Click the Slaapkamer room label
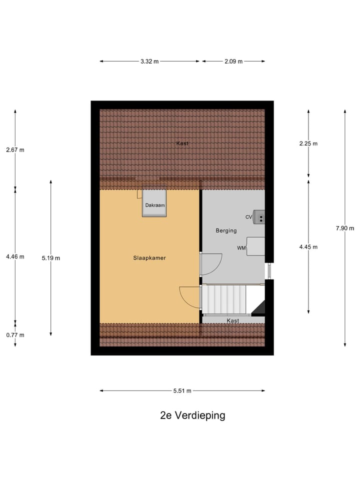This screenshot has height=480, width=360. (149, 258)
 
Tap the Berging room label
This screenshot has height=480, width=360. (226, 230)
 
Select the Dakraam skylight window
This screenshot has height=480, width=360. (154, 202)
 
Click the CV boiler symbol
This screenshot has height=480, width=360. (259, 216)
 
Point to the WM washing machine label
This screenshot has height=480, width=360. (241, 247)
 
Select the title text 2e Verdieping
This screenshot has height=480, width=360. (192, 415)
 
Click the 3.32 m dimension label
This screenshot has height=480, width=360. (149, 61)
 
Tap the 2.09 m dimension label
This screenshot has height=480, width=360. (233, 61)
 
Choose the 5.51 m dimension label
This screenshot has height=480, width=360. (182, 391)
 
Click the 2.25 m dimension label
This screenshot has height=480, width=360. (308, 143)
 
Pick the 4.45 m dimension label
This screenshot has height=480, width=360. (308, 246)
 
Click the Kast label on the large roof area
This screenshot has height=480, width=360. (182, 143)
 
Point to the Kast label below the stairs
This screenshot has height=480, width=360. (232, 320)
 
